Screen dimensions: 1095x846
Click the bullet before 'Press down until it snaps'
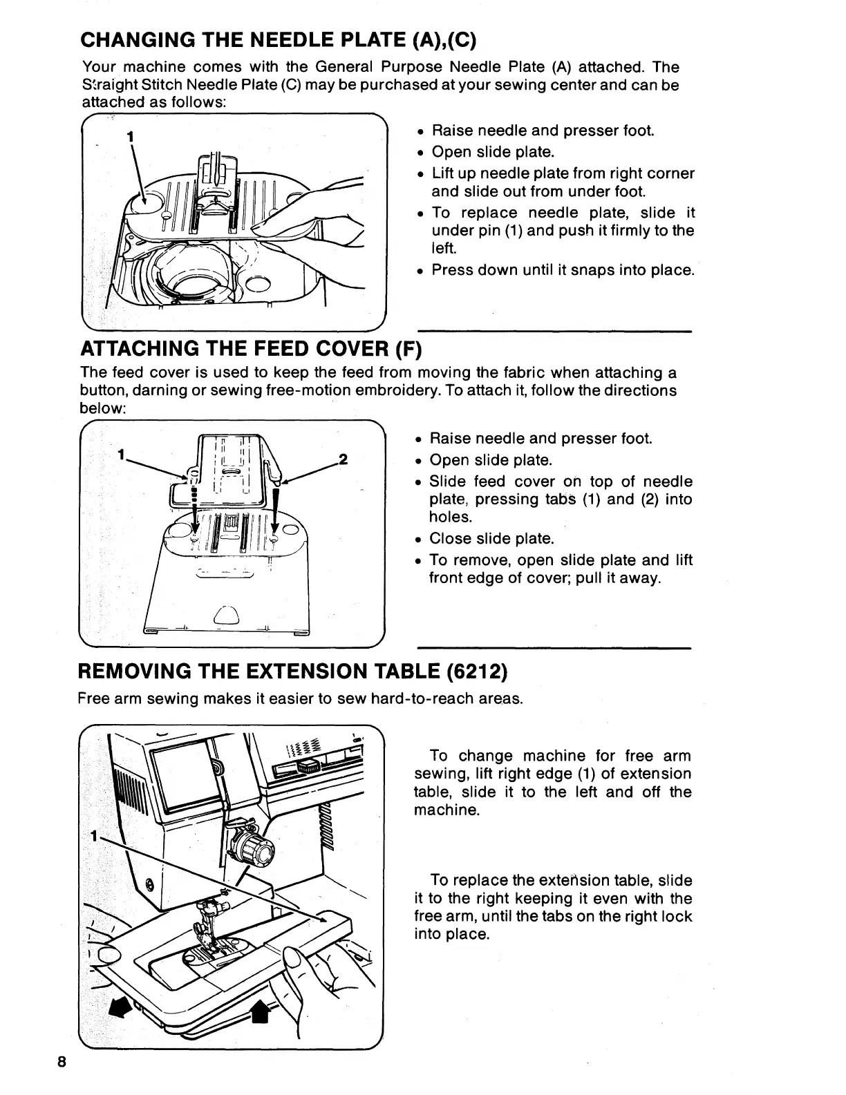[x=420, y=272]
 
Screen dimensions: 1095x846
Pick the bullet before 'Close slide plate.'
[x=419, y=540]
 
